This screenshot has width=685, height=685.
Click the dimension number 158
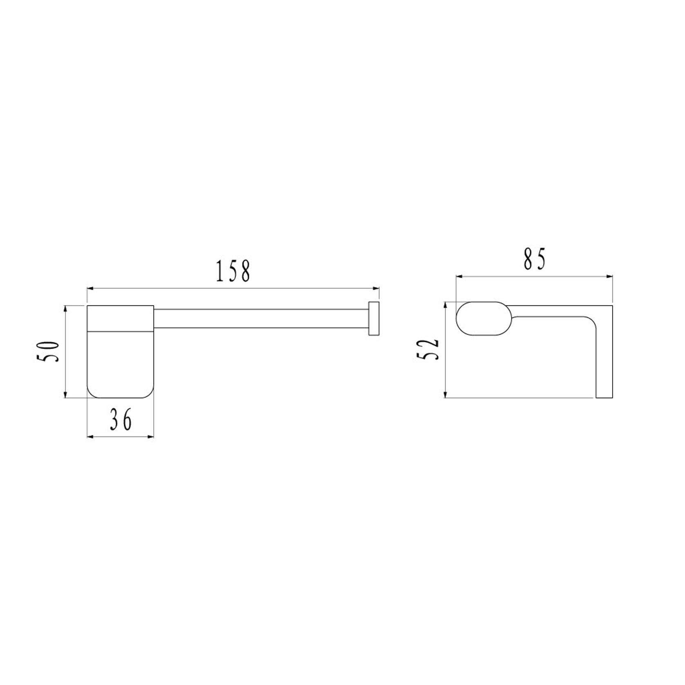point(233,271)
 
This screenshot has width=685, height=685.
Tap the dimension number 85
point(535,259)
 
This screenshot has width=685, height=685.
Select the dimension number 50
point(49,351)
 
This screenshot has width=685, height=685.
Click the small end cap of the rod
point(374,319)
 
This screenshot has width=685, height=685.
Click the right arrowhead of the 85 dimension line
point(610,277)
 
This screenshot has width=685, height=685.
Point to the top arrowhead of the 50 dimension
point(65,309)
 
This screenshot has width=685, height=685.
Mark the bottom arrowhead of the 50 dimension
point(65,394)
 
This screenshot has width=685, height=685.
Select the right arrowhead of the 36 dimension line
point(151,437)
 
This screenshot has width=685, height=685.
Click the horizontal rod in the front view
point(262,318)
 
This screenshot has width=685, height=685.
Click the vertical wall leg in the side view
point(604,360)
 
